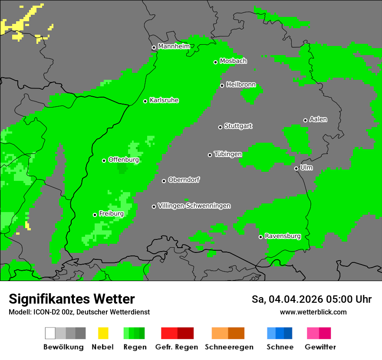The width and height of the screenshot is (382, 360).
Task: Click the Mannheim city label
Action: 174,46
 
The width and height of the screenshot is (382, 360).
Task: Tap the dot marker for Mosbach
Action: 215,62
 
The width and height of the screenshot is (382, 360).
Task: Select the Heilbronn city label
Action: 241,85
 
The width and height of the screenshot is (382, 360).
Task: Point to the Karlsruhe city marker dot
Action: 145,101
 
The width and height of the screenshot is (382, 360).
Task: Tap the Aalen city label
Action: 318,119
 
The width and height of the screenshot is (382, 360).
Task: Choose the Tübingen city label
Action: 228,154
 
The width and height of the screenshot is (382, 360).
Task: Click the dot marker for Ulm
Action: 296,168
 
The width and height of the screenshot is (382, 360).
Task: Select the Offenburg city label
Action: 123,160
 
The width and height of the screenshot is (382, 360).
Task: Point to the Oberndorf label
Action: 184,180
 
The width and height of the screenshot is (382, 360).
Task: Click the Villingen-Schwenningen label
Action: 194,206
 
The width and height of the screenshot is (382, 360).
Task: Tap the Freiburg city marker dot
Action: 95,215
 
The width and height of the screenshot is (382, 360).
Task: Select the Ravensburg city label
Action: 283,236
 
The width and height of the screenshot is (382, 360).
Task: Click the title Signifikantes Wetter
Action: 72,299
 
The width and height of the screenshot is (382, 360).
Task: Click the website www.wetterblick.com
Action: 313,312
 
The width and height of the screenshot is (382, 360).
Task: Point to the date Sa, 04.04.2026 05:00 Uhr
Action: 311,299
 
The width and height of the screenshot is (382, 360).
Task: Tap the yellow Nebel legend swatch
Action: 103,333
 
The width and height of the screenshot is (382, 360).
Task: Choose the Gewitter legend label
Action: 320,347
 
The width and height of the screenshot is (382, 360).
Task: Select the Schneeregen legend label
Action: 229,347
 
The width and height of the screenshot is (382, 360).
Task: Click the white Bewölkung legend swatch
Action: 50,333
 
